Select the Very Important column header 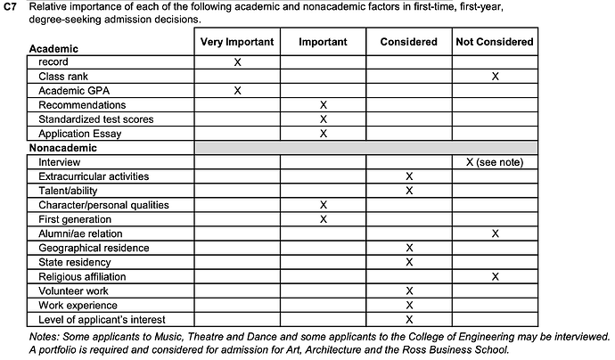tap(237, 41)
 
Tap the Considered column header tap(409, 41)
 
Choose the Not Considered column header tap(495, 41)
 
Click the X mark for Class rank tap(495, 77)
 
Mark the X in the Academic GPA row tap(237, 91)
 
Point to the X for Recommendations tap(324, 105)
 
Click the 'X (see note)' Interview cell tap(495, 162)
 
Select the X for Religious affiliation tap(495, 276)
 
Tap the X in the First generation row tap(324, 219)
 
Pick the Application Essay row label tap(79, 134)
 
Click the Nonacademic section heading tap(62, 148)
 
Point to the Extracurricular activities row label tap(94, 176)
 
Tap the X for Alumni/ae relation tap(495, 233)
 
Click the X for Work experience tap(409, 305)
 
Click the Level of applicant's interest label tap(102, 319)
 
